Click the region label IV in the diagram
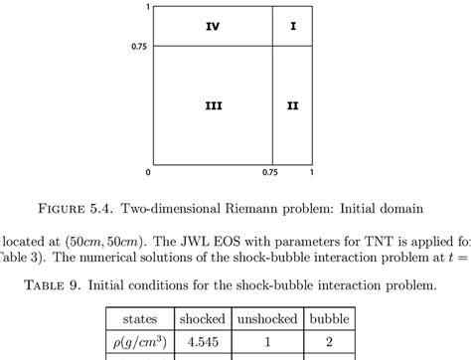(x=213, y=27)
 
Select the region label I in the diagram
(x=293, y=27)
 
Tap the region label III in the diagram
(x=213, y=105)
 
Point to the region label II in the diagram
(x=293, y=105)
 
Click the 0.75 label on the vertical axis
(x=139, y=46)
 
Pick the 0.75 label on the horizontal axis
(x=270, y=172)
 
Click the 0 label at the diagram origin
(x=149, y=172)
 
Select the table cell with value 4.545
(x=202, y=344)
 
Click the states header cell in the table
(x=139, y=319)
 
